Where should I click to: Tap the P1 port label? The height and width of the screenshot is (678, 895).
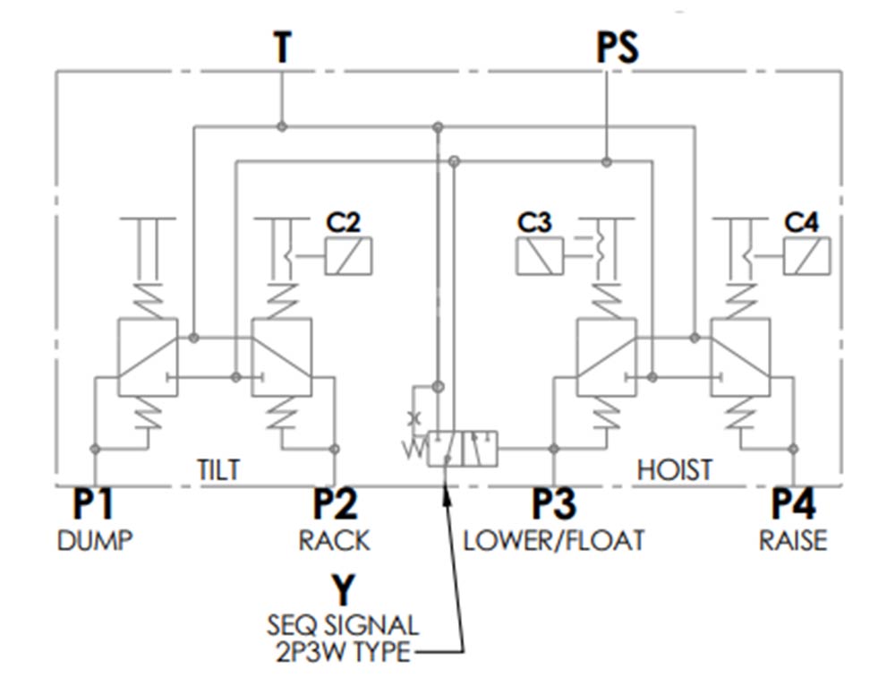93,503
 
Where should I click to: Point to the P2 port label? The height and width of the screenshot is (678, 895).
335,503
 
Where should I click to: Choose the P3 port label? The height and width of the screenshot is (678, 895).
554,503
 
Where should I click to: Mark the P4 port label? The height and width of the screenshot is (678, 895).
793,503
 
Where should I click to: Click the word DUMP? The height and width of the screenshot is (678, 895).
95,540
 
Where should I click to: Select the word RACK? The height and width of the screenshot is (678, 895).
335,540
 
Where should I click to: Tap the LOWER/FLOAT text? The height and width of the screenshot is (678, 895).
553,540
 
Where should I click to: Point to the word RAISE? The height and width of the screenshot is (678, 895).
793,540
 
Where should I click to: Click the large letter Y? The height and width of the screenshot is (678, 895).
343,590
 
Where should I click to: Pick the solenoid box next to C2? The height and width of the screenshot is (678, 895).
348,256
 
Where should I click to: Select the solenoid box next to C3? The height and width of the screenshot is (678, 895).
540,256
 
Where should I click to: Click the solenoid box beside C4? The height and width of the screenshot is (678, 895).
807,256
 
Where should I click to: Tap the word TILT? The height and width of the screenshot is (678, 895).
218,470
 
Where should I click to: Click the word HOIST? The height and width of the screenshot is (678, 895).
675,470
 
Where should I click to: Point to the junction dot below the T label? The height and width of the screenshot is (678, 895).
281,126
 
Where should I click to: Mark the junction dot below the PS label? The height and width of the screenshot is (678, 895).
607,162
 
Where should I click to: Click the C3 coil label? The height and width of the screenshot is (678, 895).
534,223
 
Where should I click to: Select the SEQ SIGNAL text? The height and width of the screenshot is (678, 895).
343,626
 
